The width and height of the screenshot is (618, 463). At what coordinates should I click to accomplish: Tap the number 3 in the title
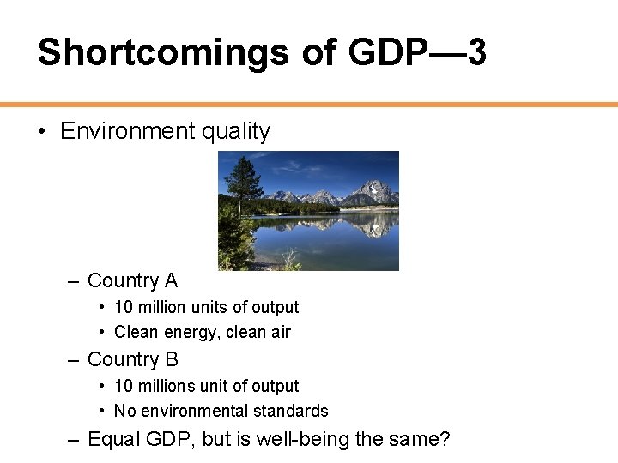pyautogui.click(x=476, y=53)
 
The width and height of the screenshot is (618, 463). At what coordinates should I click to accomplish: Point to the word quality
pyautogui.click(x=236, y=131)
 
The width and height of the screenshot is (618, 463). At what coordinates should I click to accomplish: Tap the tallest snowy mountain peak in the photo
pyautogui.click(x=374, y=187)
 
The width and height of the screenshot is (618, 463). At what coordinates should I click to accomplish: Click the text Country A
pyautogui.click(x=132, y=280)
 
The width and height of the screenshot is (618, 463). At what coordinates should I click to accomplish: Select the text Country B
pyautogui.click(x=132, y=359)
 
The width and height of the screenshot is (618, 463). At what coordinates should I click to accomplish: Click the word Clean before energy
pyautogui.click(x=136, y=332)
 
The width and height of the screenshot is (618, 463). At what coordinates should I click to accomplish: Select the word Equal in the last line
pyautogui.click(x=111, y=440)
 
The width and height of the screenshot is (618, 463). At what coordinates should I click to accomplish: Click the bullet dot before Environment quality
pyautogui.click(x=41, y=131)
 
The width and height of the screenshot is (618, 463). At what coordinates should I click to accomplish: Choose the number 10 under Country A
pyautogui.click(x=123, y=307)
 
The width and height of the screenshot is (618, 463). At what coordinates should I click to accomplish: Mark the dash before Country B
pyautogui.click(x=72, y=360)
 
